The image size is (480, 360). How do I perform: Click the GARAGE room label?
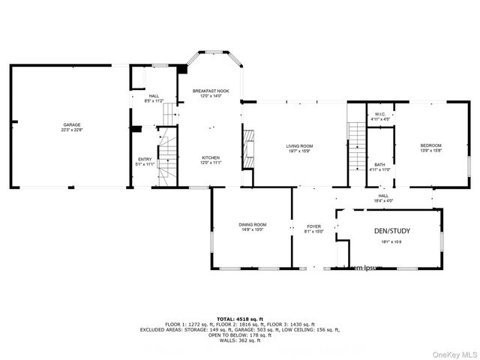[72, 124]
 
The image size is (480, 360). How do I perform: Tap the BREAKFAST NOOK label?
[210, 91]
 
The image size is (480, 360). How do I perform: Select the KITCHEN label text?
[210, 157]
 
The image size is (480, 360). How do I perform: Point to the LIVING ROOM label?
[299, 145]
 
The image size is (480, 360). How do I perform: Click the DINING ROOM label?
[253, 224]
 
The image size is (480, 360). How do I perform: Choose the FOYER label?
[313, 226]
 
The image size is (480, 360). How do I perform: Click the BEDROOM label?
[430, 145]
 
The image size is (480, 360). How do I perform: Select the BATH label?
[380, 164]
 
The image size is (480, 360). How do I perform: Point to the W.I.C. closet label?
[380, 114]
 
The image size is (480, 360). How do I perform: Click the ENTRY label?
[144, 158]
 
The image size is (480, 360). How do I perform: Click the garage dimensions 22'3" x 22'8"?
[72, 130]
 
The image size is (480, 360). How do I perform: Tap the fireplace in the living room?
[247, 150]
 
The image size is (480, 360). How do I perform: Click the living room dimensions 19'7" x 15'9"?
[299, 151]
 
